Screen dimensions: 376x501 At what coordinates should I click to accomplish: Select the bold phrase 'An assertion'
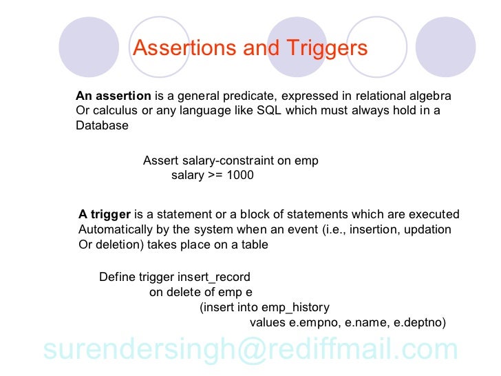113,96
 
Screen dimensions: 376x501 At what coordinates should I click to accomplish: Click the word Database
102,126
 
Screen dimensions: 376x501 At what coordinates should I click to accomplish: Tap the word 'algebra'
425,96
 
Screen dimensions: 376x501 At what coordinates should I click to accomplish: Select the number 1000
240,175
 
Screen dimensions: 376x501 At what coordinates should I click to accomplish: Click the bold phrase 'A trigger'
105,214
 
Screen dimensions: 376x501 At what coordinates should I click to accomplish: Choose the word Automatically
114,229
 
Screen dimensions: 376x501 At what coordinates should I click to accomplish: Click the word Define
118,278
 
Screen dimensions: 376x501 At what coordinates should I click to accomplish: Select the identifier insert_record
214,278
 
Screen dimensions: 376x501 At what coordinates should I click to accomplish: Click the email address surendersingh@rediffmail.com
250,350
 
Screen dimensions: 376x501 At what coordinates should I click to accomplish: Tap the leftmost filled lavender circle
89,48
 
